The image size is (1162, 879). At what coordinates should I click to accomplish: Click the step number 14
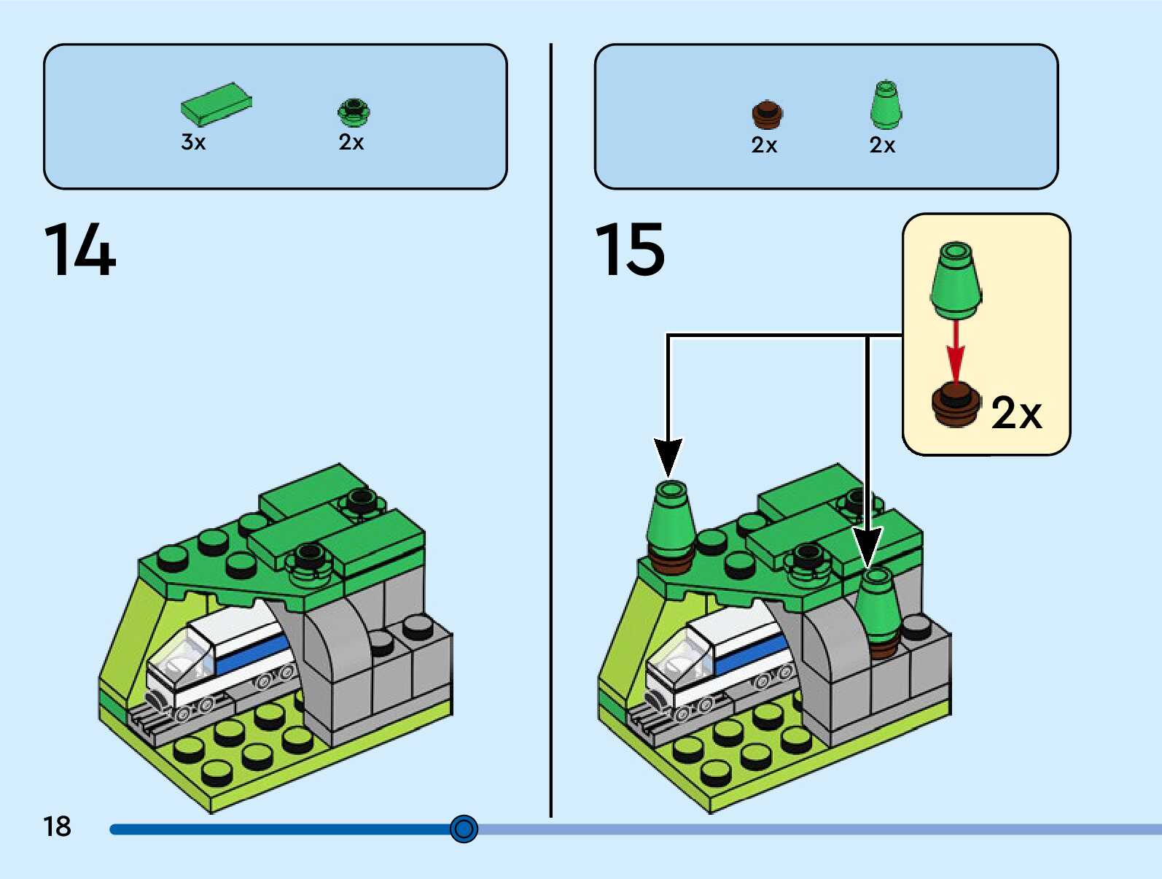pos(79,249)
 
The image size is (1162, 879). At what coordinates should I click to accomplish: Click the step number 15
pos(629,249)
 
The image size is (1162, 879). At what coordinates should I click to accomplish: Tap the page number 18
pos(57,826)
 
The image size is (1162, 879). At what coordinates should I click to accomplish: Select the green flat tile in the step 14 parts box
pos(217,104)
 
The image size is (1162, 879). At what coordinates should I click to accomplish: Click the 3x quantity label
pos(193,142)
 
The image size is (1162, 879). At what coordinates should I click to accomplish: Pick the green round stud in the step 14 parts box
pos(354,112)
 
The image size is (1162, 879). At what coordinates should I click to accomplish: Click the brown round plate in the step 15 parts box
pos(767,114)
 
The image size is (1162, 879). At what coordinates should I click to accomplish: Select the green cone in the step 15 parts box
pos(886,104)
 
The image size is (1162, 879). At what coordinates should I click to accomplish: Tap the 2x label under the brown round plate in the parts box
pos(765,145)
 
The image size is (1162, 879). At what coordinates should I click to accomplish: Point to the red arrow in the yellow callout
pos(956,351)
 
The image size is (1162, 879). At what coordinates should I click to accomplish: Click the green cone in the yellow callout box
pos(956,281)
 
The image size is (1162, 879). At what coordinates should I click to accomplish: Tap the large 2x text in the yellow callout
pos(1016,412)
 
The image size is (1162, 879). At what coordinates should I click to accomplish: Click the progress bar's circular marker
pos(464,829)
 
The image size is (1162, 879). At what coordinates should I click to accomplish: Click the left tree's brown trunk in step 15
pos(671,563)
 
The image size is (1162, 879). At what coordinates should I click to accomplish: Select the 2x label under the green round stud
pos(351,142)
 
